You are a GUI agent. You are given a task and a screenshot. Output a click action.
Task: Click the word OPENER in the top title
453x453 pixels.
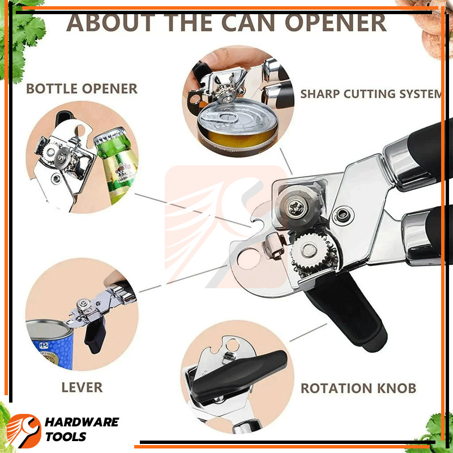coord(335,23)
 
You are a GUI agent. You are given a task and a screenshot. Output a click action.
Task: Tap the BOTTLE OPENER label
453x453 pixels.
coord(82,89)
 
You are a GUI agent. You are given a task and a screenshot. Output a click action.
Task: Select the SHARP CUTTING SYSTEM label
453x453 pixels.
coord(371,94)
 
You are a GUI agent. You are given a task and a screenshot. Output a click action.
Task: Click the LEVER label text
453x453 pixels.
coord(82,387)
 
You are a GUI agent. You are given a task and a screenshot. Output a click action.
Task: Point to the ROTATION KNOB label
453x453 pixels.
coord(358,388)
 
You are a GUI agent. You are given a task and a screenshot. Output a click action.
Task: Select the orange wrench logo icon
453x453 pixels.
coord(24,430)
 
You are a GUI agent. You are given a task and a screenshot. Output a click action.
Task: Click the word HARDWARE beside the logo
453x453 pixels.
coord(82,422)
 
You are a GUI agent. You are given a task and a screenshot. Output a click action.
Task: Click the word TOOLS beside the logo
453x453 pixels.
coord(66,437)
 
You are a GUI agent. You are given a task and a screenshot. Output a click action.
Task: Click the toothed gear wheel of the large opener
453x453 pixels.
coord(314,253)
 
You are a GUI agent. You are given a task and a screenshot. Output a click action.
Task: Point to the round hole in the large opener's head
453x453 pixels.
coord(249,259)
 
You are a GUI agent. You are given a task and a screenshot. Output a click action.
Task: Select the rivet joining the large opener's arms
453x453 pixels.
coord(343,215)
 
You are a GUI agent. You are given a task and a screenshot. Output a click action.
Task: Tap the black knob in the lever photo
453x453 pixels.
coord(95,335)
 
